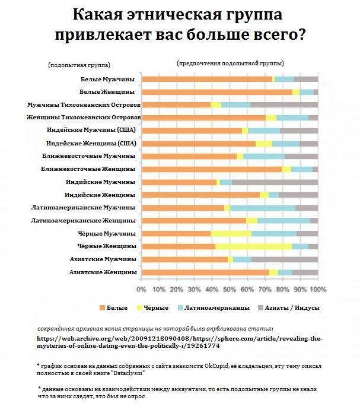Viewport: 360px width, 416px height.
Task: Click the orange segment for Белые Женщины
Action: [x=217, y=92]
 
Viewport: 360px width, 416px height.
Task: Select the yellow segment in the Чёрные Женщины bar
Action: [x=253, y=246]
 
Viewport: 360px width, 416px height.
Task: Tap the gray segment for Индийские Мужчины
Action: [x=275, y=182]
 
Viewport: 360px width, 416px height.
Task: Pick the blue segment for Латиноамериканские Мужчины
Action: [x=263, y=208]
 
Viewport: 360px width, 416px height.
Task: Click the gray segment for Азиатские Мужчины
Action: [x=285, y=259]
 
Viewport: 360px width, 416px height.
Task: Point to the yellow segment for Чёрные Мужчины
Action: [x=231, y=233]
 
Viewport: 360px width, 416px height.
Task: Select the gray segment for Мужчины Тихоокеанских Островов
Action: [x=284, y=105]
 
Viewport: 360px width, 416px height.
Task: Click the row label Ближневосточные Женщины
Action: [x=88, y=169]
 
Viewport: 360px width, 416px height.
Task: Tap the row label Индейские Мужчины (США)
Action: [x=91, y=130]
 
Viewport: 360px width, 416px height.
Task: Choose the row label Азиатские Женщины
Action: [x=103, y=272]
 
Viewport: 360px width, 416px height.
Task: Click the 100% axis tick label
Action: [x=318, y=289]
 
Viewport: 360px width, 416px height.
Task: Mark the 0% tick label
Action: [x=141, y=289]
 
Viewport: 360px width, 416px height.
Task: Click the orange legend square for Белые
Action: [x=103, y=308]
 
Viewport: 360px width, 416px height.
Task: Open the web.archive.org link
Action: [x=180, y=342]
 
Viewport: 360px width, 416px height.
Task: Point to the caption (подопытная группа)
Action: [x=79, y=65]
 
